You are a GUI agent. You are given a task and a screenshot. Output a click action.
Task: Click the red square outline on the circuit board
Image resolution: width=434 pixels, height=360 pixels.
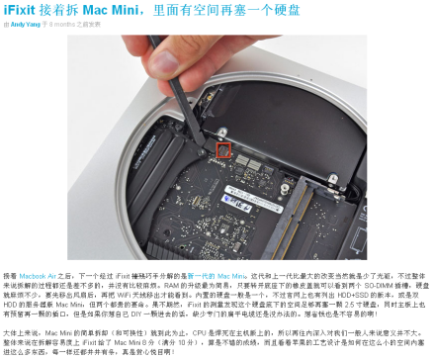(x=222, y=151)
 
